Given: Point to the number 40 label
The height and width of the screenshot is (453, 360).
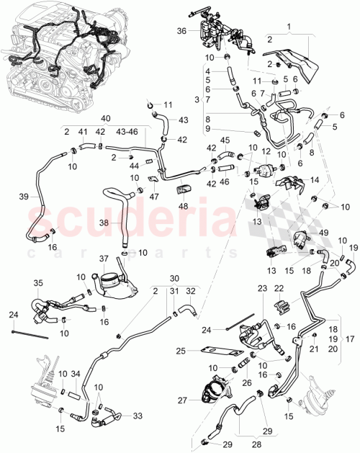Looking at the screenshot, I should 106,118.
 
